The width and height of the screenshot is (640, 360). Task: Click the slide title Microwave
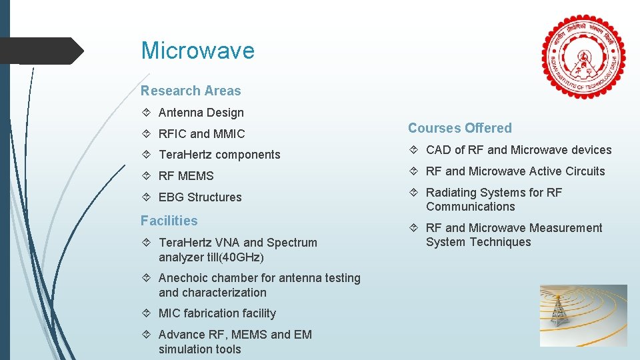[x=197, y=51]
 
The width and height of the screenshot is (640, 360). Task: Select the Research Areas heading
[x=191, y=91]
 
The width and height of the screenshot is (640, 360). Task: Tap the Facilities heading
[x=169, y=221]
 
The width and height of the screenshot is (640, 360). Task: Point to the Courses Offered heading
[x=460, y=128]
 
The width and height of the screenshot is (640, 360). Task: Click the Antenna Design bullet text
[x=201, y=113]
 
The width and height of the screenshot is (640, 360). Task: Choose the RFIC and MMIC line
[x=201, y=134]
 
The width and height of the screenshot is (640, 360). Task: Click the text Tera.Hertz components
[x=219, y=155]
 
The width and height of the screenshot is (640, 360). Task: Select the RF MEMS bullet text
[x=186, y=176]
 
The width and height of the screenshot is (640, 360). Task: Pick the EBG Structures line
[x=200, y=197]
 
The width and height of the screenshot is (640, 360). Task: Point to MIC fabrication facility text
[x=217, y=313]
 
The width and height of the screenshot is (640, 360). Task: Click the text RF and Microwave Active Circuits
[x=515, y=171]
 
